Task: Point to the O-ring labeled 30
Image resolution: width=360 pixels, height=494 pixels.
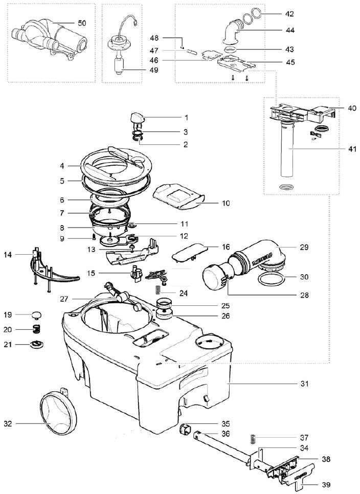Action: point(270,280)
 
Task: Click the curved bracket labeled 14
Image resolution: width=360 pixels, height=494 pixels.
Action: point(51,271)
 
